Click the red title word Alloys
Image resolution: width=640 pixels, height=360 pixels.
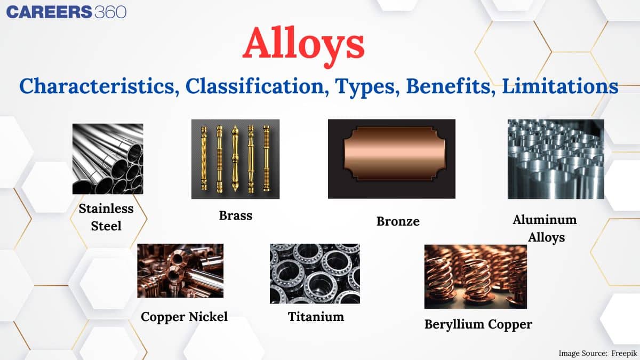pyautogui.click(x=303, y=45)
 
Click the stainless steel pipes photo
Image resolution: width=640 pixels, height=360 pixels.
pyautogui.click(x=108, y=158)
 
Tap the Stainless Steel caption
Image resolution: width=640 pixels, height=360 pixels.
pyautogui.click(x=106, y=217)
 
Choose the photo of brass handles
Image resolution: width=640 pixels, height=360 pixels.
pyautogui.click(x=235, y=159)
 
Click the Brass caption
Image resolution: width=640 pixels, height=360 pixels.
pyautogui.click(x=235, y=215)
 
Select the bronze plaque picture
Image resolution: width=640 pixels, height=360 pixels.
pyautogui.click(x=391, y=159)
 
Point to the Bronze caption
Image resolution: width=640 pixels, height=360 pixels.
pyautogui.click(x=398, y=221)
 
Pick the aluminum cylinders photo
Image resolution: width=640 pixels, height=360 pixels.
pyautogui.click(x=556, y=159)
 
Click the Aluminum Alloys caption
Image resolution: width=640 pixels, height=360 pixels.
pyautogui.click(x=545, y=228)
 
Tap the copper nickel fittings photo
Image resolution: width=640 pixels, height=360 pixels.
pyautogui.click(x=180, y=270)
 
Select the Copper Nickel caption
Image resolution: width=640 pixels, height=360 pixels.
pyautogui.click(x=184, y=317)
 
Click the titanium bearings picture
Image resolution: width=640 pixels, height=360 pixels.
pyautogui.click(x=315, y=273)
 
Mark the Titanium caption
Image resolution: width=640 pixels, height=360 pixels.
pyautogui.click(x=316, y=317)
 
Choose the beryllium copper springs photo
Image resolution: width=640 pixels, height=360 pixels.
pyautogui.click(x=475, y=276)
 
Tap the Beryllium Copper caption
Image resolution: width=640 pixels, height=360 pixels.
pyautogui.click(x=478, y=324)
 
